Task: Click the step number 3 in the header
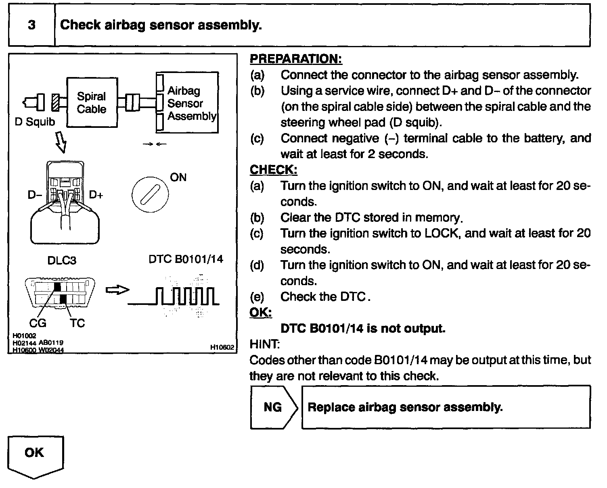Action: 31,25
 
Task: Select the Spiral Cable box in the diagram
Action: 92,102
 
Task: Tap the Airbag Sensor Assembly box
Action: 188,103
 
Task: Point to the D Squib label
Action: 35,122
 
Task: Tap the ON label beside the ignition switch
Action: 178,177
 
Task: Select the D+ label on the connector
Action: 96,195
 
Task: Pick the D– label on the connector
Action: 35,195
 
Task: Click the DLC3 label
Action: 62,261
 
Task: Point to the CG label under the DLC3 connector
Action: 38,323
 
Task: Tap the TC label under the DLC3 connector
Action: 77,323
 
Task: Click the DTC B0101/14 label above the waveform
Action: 186,259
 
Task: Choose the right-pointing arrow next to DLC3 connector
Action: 117,290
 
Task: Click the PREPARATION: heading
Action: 296,59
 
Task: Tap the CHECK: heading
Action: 273,170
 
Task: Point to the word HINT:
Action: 265,344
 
